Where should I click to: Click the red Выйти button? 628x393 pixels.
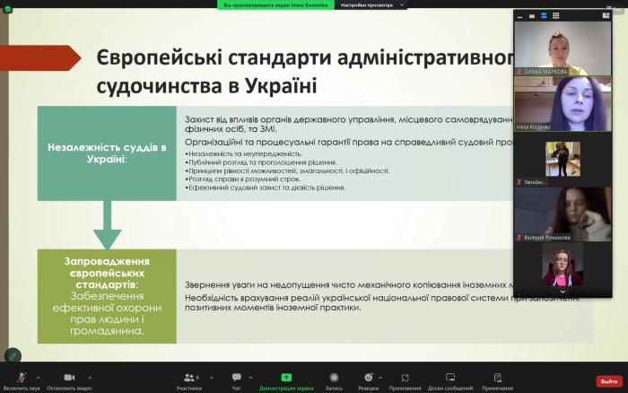pos(609,380)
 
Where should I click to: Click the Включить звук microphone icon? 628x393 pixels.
pos(21,377)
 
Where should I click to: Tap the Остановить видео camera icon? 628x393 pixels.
pos(67,377)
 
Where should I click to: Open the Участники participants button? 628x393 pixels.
pos(188,378)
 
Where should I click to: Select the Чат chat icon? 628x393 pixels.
pos(237,378)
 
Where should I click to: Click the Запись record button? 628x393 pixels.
pos(334,378)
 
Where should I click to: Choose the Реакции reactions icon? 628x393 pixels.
pos(368,378)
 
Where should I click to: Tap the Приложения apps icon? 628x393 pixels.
pos(406,378)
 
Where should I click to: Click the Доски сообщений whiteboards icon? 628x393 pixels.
pos(449,378)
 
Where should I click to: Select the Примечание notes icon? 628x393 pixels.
pos(497,378)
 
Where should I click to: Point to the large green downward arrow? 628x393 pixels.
pos(107,224)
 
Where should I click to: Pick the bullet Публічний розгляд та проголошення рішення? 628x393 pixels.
pos(262,162)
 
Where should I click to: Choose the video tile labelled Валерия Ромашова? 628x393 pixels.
pos(562,212)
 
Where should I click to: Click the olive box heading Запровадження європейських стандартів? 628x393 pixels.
pos(107,270)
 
